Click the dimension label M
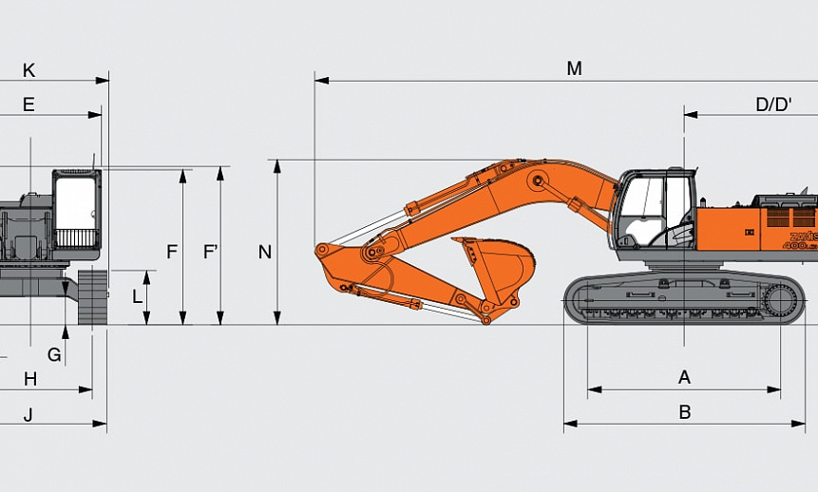pyautogui.click(x=574, y=68)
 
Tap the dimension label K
pyautogui.click(x=29, y=70)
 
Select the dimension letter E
pyautogui.click(x=29, y=104)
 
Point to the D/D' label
pyautogui.click(x=773, y=104)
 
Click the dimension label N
pyautogui.click(x=265, y=252)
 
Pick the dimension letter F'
pyautogui.click(x=211, y=252)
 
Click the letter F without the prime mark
pyautogui.click(x=172, y=252)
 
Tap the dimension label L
pyautogui.click(x=137, y=296)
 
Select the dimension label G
pyautogui.click(x=54, y=354)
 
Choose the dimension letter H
pyautogui.click(x=30, y=379)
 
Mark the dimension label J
pyautogui.click(x=29, y=414)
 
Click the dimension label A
pyautogui.click(x=684, y=377)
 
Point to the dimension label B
pyautogui.click(x=684, y=411)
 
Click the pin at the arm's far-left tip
pyautogui.click(x=322, y=251)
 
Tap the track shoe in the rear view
pyautogui.click(x=92, y=298)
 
